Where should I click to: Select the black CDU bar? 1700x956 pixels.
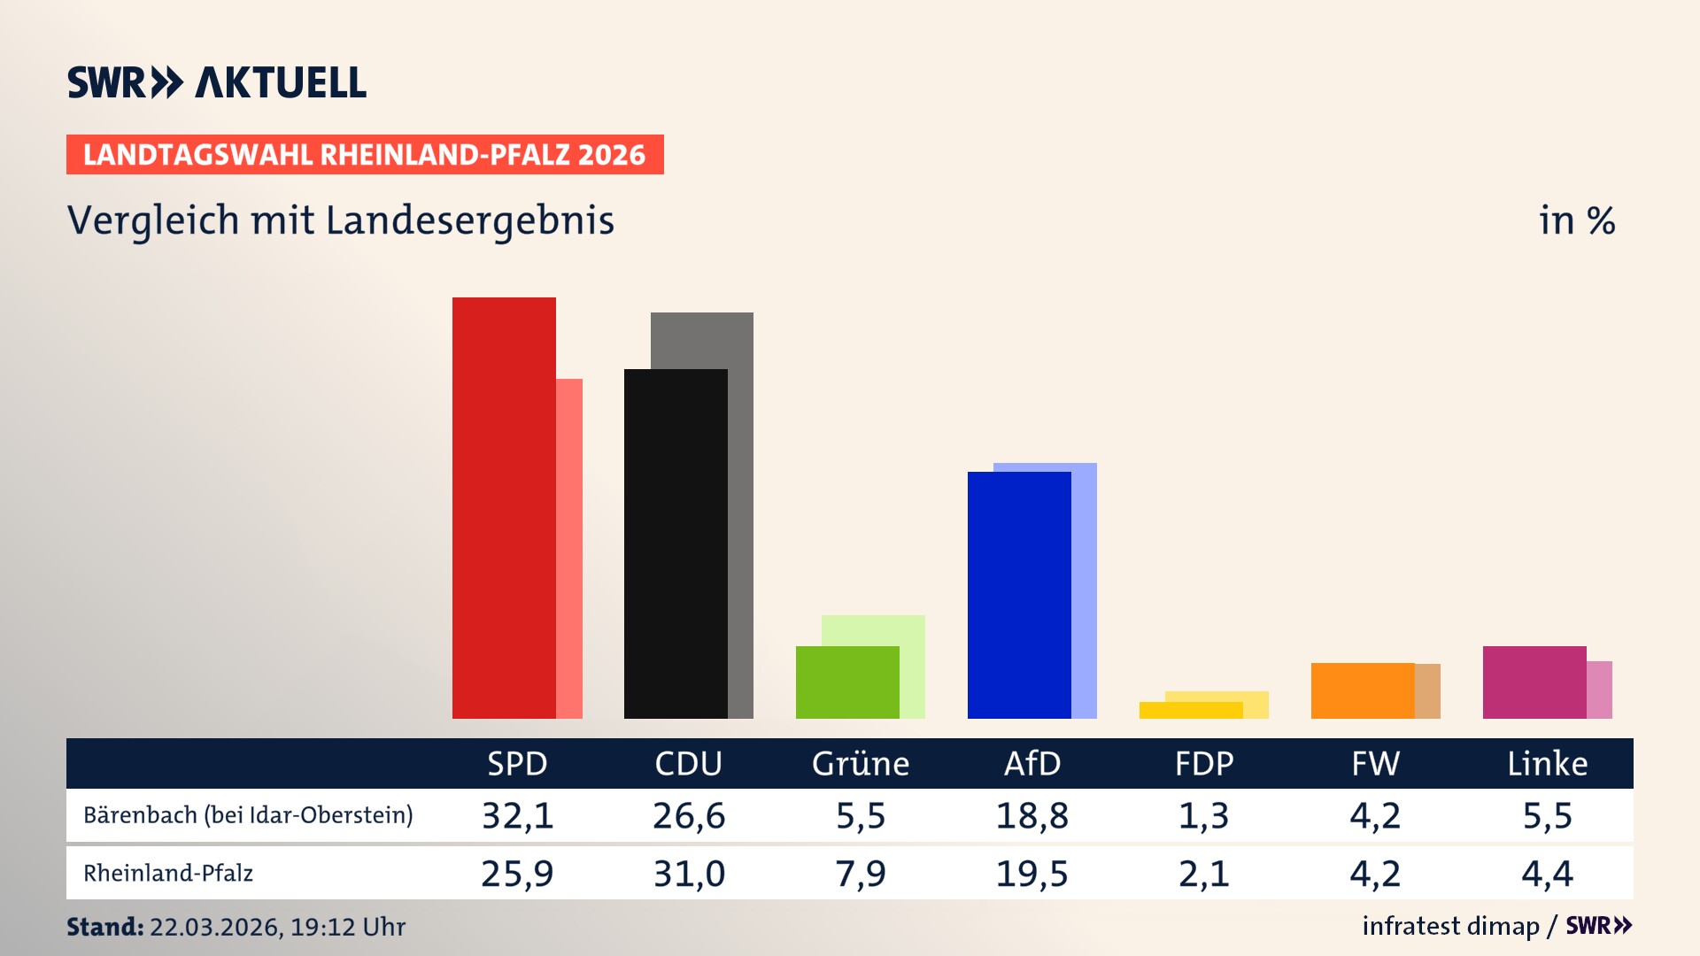coord(676,544)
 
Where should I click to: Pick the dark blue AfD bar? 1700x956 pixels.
coord(1019,595)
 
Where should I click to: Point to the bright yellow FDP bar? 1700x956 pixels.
coord(1191,710)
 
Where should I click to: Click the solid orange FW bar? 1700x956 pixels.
coord(1363,690)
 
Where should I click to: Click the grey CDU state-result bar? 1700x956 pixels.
coord(741,340)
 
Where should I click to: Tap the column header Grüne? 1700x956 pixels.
coord(861,763)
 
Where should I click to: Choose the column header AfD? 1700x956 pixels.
coord(1032,763)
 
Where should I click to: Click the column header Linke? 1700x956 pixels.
coord(1547,763)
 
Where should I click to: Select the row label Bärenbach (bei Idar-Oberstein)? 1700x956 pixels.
coord(248,815)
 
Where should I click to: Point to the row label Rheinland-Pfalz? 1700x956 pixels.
coord(168,874)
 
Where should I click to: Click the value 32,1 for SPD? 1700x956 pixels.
coord(517,815)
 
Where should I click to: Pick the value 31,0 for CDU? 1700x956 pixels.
coord(689,874)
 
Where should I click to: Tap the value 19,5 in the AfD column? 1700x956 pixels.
coord(1032,874)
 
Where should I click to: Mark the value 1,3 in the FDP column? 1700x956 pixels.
coord(1204,815)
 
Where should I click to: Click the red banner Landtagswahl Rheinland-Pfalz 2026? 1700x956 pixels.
coord(365,155)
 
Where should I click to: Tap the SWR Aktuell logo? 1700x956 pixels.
coord(217,82)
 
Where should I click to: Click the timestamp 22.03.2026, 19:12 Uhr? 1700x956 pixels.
coord(277,927)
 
